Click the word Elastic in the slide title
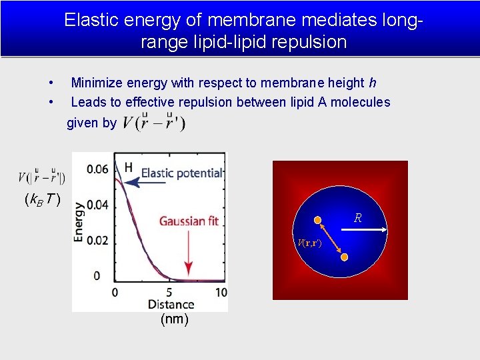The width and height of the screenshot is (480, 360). tap(89, 21)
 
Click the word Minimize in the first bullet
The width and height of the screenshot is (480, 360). tap(97, 83)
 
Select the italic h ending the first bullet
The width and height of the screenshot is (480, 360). tap(372, 83)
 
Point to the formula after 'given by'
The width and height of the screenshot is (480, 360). tap(155, 123)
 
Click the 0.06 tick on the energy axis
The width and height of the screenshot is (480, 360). tap(97, 169)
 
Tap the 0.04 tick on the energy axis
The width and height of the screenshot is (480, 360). tap(97, 205)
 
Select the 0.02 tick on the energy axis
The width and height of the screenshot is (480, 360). tap(97, 240)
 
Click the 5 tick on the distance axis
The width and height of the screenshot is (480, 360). tap(169, 293)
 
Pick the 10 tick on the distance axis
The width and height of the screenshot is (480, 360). tap(221, 293)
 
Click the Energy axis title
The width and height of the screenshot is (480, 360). tap(79, 221)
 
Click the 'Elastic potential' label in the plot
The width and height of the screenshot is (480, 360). tap(181, 173)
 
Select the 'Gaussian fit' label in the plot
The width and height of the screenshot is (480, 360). tap(189, 221)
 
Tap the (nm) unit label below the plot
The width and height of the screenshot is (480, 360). tap(175, 319)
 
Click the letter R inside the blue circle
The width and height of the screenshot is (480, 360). tap(358, 218)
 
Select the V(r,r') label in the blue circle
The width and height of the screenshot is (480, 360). tap(309, 244)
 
